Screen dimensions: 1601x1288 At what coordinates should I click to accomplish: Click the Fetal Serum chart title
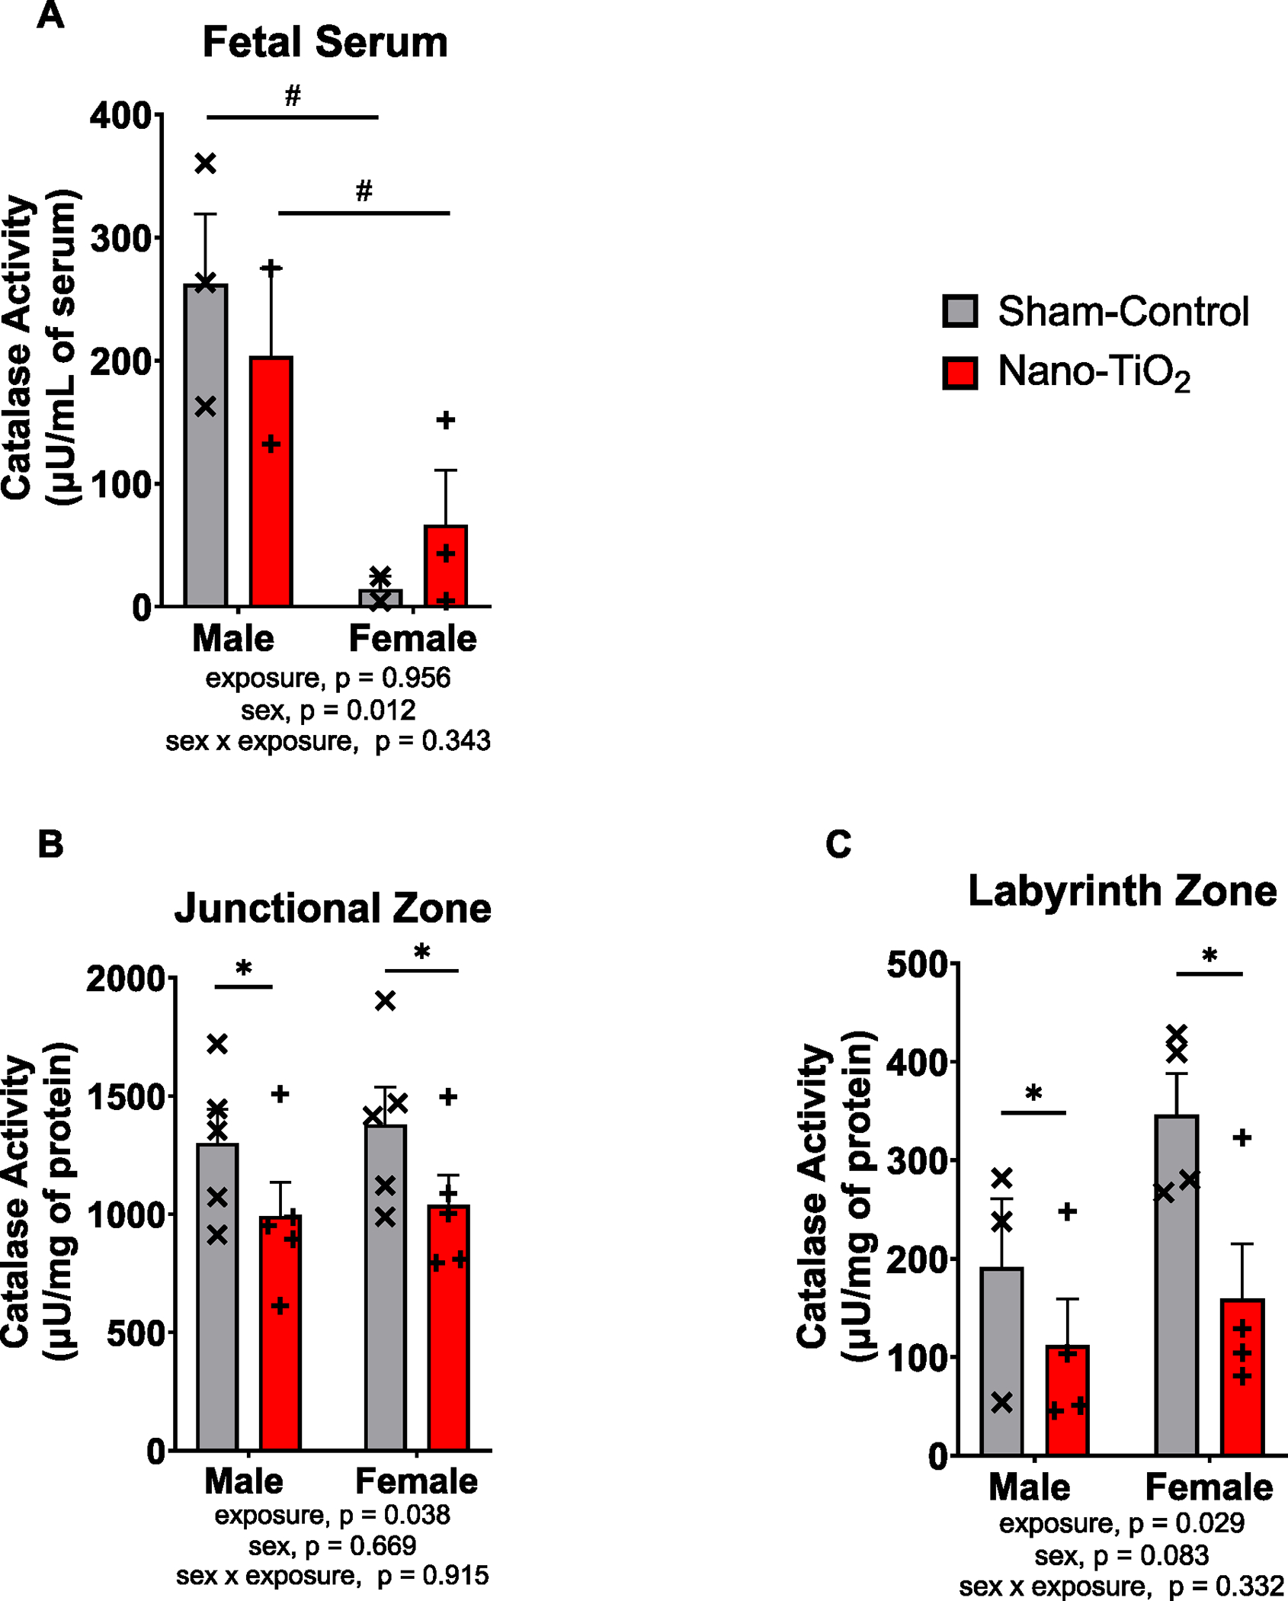point(325,43)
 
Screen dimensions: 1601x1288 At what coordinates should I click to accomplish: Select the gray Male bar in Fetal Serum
point(206,457)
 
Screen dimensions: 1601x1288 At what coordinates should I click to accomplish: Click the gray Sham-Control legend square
point(960,311)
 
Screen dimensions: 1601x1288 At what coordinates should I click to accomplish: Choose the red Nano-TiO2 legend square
point(960,372)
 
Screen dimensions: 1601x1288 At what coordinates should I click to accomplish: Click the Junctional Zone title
point(332,909)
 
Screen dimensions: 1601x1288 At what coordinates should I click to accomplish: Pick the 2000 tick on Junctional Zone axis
point(125,979)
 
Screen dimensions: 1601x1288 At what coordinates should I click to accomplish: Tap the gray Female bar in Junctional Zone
point(386,1296)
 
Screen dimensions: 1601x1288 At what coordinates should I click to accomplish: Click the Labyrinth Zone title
point(1122,890)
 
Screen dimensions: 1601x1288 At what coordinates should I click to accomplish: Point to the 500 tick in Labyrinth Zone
point(918,964)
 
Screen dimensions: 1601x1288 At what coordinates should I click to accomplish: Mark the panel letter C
point(838,844)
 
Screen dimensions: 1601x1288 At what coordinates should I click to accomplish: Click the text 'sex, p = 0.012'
point(328,711)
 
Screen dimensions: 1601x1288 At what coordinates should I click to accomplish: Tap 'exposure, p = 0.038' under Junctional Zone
point(332,1515)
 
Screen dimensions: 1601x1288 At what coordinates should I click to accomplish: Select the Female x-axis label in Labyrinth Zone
point(1209,1487)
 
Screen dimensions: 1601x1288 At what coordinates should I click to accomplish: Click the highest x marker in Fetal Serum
point(206,163)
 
